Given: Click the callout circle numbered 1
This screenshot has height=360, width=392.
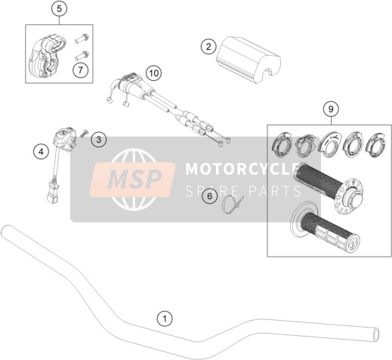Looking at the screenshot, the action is click(x=165, y=319).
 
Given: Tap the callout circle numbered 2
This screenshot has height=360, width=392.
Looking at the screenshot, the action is click(x=208, y=47).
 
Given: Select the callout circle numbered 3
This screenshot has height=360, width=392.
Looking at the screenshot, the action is click(x=99, y=139).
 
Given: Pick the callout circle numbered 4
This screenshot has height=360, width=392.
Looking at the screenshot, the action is click(x=42, y=152).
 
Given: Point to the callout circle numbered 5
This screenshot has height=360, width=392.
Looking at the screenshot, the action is click(x=59, y=9).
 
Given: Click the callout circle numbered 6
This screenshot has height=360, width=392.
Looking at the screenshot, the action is click(x=210, y=195).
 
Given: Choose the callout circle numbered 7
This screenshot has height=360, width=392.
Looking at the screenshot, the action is click(x=81, y=69).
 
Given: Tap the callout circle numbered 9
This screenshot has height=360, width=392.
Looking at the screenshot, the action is click(x=331, y=109).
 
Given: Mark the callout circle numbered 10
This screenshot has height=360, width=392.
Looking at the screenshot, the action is click(x=154, y=73).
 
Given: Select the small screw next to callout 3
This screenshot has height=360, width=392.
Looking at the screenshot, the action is click(x=84, y=133).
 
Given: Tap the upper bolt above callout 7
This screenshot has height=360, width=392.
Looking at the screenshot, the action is click(x=82, y=39).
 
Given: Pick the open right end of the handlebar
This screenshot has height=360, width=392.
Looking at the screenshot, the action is click(x=376, y=335).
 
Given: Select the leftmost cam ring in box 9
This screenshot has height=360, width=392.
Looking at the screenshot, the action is click(x=282, y=146).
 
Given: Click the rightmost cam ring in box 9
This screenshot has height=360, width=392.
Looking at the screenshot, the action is click(x=375, y=146).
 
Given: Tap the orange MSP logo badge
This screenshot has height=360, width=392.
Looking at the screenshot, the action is click(x=132, y=180).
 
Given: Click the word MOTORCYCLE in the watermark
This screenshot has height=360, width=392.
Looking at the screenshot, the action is click(x=240, y=168).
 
